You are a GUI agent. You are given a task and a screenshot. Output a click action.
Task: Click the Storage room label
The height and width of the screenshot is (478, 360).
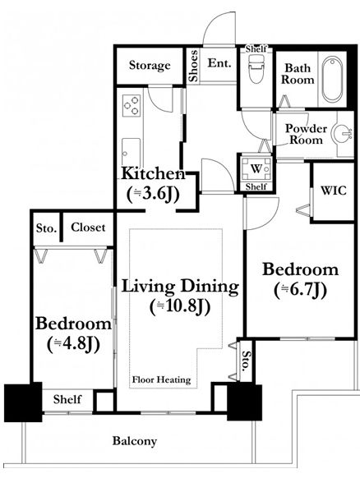(150, 65)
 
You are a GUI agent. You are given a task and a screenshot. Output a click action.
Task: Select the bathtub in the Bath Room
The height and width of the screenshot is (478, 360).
(332, 80)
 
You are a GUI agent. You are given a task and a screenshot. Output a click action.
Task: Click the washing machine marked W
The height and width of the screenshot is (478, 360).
(256, 168)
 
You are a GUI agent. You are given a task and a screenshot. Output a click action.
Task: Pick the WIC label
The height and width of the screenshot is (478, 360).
(334, 191)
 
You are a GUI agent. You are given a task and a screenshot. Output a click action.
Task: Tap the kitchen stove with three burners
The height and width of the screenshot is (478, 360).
(132, 105)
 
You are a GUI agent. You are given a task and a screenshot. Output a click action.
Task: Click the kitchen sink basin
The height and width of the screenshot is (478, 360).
(132, 152)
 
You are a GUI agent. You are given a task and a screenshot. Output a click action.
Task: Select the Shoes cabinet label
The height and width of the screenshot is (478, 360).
(193, 67)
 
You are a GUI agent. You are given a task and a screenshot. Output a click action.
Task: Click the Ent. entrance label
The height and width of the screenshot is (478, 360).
(219, 62)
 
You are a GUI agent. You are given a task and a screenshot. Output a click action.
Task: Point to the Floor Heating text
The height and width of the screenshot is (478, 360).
(161, 379)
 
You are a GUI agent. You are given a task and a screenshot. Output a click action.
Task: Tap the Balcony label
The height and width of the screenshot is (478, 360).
(135, 441)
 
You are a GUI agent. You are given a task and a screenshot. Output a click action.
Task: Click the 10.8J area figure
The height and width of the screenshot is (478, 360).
(180, 306)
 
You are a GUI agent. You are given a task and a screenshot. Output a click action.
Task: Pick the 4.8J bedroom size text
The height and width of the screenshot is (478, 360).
(73, 344)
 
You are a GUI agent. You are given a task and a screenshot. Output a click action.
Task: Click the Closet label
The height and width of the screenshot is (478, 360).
(88, 228)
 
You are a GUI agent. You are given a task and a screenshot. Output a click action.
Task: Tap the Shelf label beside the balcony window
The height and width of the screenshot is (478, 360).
(67, 399)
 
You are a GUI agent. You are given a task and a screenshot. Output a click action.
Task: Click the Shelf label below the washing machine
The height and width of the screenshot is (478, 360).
(256, 186)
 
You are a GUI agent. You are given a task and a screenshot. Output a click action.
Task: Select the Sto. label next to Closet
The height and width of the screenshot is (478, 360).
(46, 228)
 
